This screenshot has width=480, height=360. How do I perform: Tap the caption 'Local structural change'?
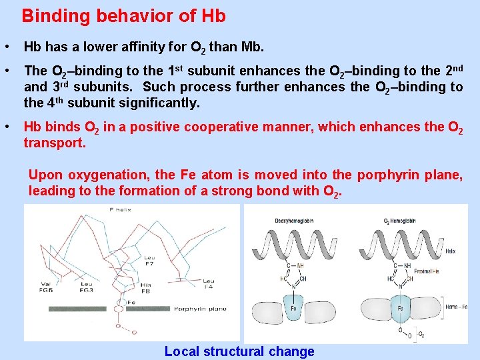pyautogui.click(x=239, y=351)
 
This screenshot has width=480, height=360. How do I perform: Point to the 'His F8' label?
pyautogui.click(x=147, y=287)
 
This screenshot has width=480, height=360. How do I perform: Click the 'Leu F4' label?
pyautogui.click(x=209, y=285)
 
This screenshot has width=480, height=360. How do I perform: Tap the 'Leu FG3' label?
pyautogui.click(x=87, y=287)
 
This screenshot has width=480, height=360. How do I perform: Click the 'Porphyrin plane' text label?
pyautogui.click(x=199, y=309)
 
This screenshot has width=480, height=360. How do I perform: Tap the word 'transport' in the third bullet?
pyautogui.click(x=53, y=143)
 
